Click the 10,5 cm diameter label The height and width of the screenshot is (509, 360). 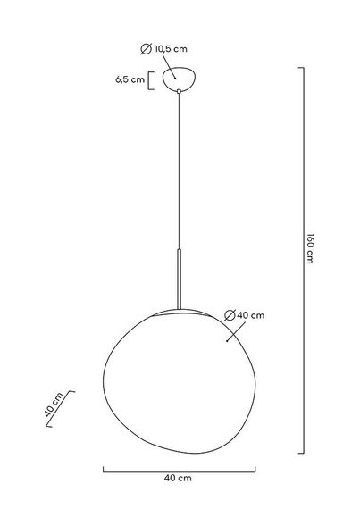[x=175, y=49]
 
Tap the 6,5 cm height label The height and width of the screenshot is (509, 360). [x=130, y=80]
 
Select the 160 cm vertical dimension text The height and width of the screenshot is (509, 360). [x=310, y=247]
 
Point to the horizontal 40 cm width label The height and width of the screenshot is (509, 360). [x=179, y=479]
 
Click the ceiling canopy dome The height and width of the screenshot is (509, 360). [x=179, y=78]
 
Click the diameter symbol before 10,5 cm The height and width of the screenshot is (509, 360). [x=147, y=49]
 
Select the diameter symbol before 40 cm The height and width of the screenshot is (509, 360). [x=230, y=314]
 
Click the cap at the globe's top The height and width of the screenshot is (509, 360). [x=179, y=312]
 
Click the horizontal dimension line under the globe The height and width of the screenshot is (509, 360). [x=179, y=468]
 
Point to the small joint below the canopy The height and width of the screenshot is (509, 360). [x=179, y=90]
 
